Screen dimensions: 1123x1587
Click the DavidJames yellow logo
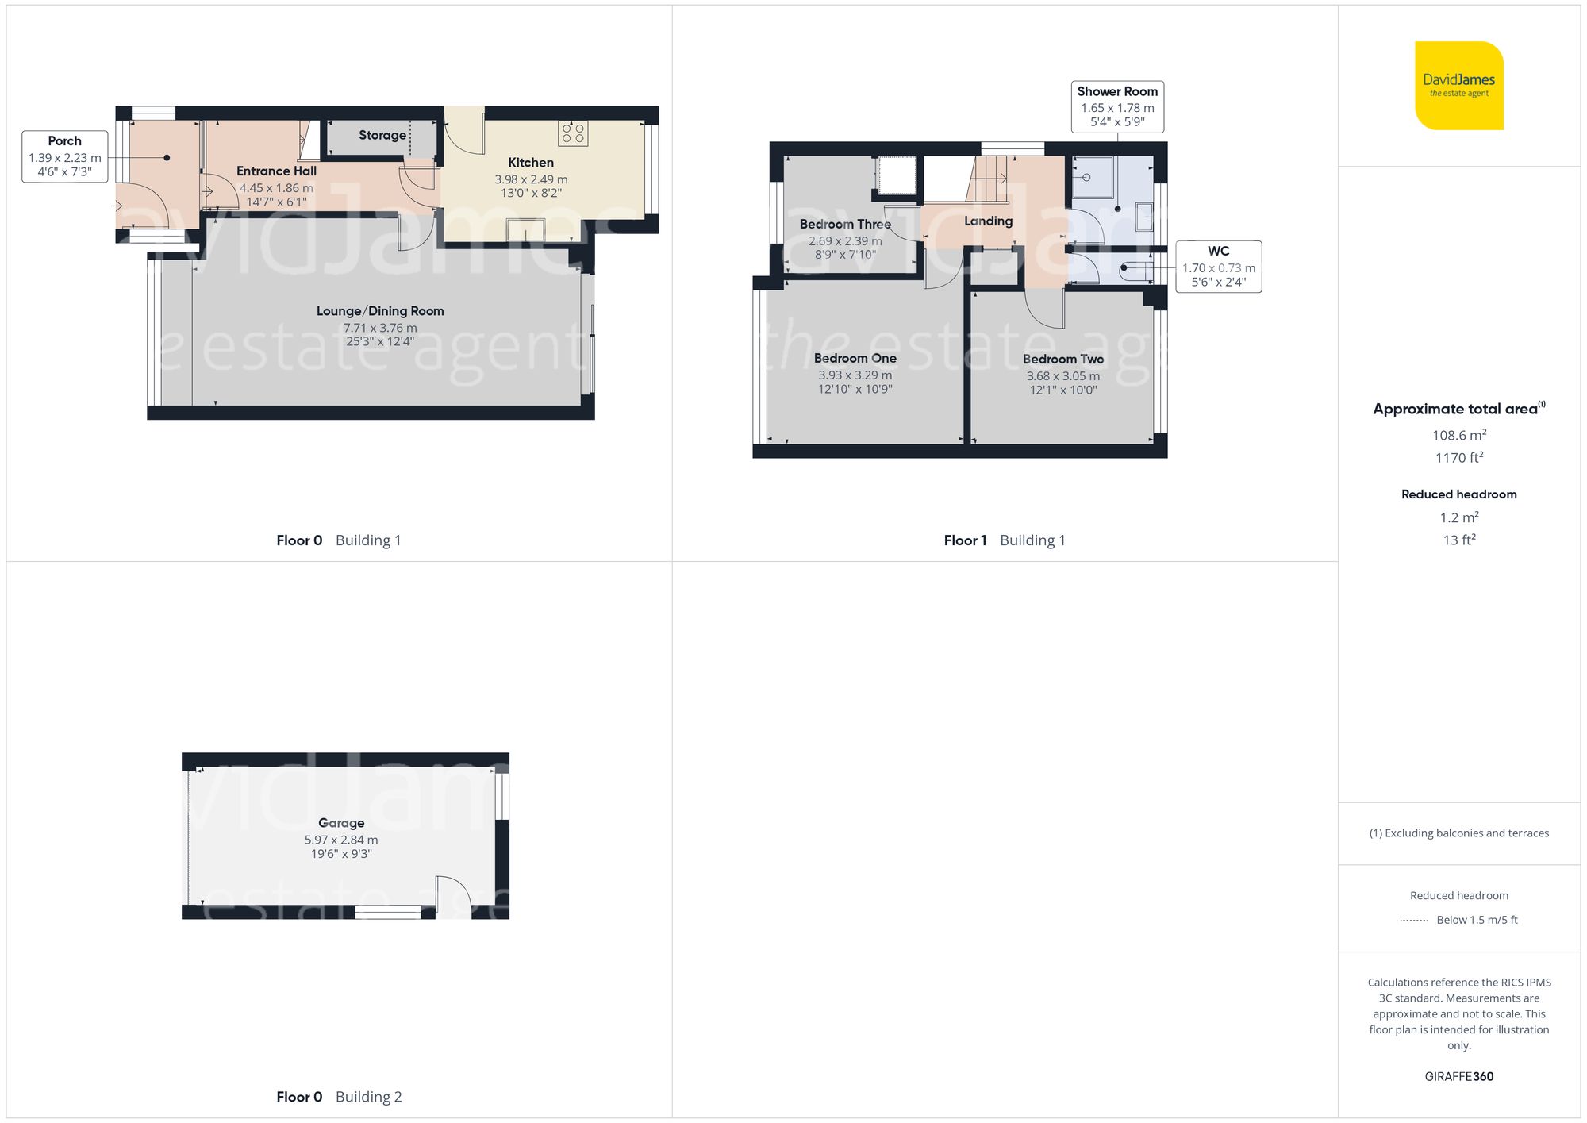click(1458, 85)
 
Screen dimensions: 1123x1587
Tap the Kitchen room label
click(531, 163)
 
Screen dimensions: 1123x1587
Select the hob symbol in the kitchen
click(573, 133)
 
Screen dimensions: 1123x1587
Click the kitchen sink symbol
click(526, 229)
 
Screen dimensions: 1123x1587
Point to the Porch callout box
click(64, 156)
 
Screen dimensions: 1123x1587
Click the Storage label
click(382, 135)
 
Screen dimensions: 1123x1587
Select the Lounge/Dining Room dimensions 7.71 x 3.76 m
click(380, 328)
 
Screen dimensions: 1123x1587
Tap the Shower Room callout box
click(1117, 106)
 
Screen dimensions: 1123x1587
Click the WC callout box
click(1218, 267)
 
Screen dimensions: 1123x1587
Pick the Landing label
click(988, 221)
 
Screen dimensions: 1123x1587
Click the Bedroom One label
click(855, 359)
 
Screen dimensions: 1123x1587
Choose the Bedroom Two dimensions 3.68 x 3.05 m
click(1063, 376)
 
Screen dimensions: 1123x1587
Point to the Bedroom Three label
click(845, 225)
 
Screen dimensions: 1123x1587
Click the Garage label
click(341, 823)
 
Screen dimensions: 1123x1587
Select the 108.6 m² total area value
click(1458, 435)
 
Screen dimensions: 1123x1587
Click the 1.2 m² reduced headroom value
click(1458, 517)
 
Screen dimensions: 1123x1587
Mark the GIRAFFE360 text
click(1458, 1077)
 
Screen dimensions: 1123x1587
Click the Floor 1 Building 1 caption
click(1004, 540)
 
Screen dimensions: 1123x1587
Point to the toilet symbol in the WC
click(1135, 271)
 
